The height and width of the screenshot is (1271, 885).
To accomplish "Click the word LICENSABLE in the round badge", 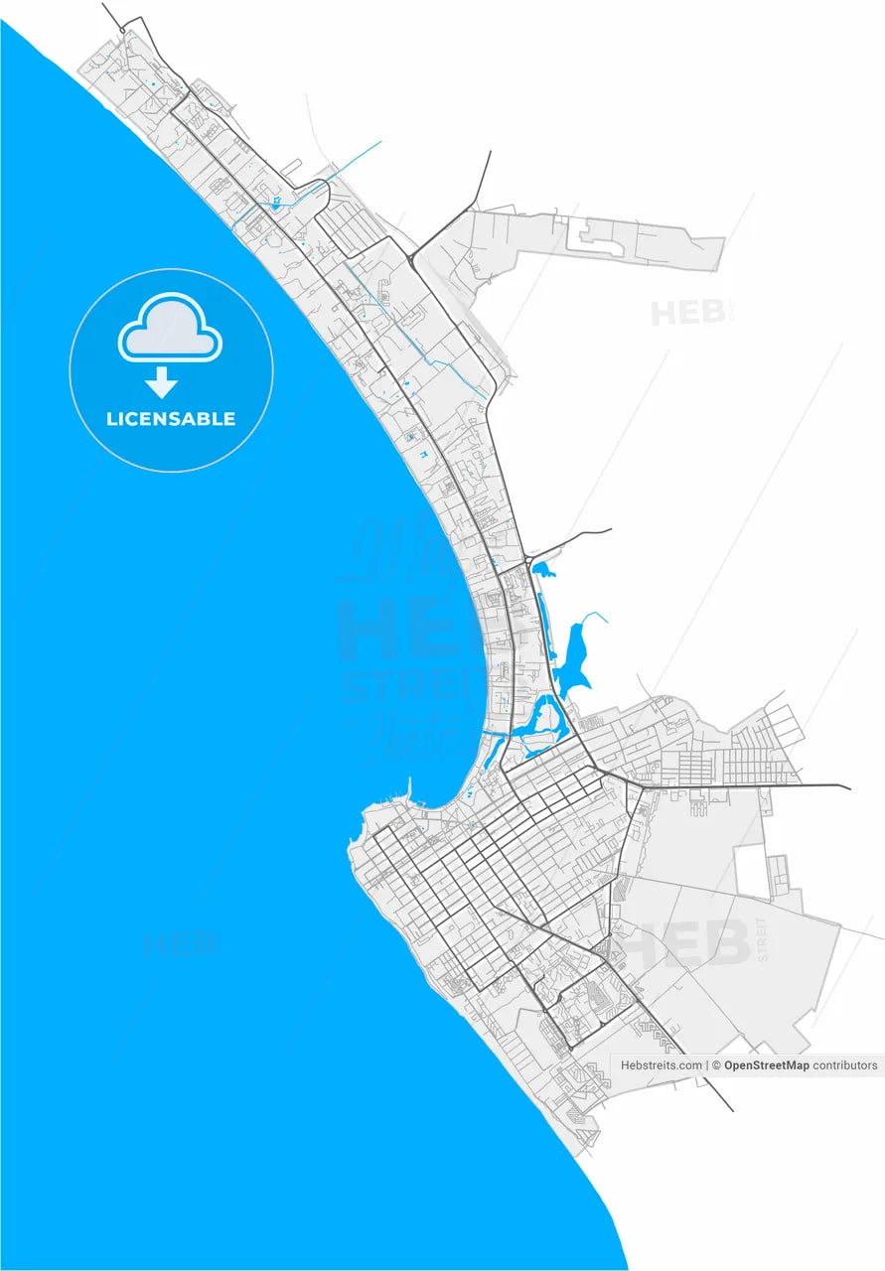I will pos(171,419).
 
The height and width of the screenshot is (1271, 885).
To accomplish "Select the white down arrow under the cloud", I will pos(161,382).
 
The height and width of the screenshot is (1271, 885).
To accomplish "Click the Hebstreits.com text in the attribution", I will pos(662,1065).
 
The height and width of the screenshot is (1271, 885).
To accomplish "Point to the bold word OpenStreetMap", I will pos(767,1065).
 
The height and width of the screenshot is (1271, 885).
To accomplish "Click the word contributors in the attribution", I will pos(845,1065).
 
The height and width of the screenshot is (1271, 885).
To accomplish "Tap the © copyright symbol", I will pos(717,1065).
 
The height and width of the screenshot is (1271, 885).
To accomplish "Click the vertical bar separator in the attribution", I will pos(708,1065).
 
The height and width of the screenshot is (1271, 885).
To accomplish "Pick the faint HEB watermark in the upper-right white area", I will pos(687,312).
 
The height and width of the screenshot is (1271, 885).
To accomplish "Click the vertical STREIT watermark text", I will pos(762,938).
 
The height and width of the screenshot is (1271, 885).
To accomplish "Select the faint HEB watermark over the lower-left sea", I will pos(179,942).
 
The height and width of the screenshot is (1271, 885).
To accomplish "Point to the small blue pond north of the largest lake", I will pos(542,570).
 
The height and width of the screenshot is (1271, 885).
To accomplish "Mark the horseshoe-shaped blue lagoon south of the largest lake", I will pos(542,722).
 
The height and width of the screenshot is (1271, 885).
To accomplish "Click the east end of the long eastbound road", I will pos(848,788).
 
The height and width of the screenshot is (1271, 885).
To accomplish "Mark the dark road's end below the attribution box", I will pos(732,1109).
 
